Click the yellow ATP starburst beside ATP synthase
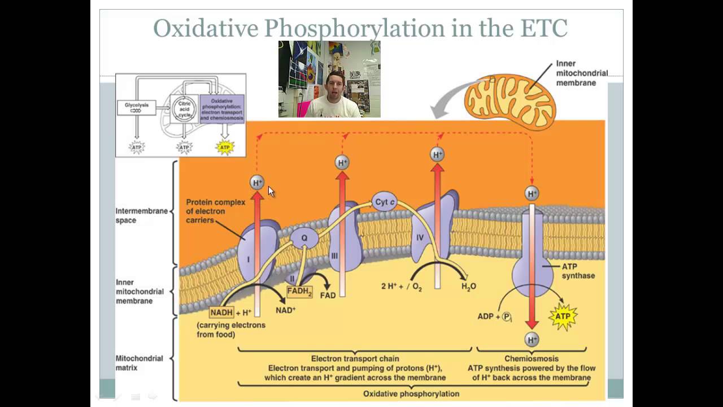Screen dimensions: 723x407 pyautogui.click(x=563, y=316)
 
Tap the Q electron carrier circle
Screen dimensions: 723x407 pyautogui.click(x=304, y=238)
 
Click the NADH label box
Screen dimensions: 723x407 pyautogui.click(x=221, y=312)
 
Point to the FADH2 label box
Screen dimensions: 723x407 pyautogui.click(x=299, y=292)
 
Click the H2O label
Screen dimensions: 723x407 pyautogui.click(x=469, y=287)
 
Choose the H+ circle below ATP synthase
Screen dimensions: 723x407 pyautogui.click(x=532, y=339)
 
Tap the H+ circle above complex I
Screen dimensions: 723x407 pyautogui.click(x=257, y=183)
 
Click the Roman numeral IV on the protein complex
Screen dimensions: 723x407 pyautogui.click(x=420, y=238)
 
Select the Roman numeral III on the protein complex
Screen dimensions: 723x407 pyautogui.click(x=334, y=256)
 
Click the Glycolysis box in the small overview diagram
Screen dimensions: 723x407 pyautogui.click(x=136, y=106)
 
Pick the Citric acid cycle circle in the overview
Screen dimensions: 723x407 pyautogui.click(x=185, y=109)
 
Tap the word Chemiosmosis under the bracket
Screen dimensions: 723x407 pyautogui.click(x=532, y=358)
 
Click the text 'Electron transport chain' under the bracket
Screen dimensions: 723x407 pyautogui.click(x=355, y=358)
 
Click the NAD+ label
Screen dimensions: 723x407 pyautogui.click(x=286, y=310)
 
